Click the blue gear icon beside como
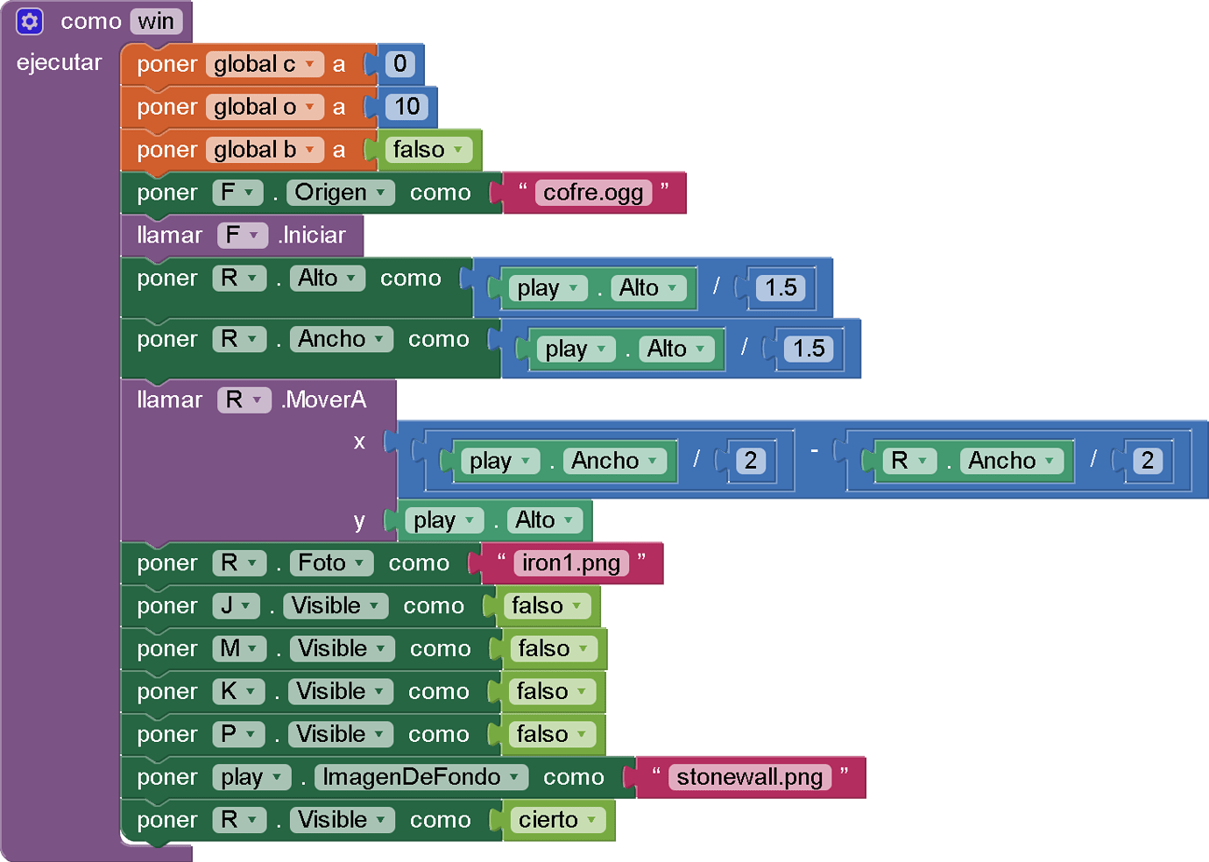coord(30,21)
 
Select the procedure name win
coord(156,21)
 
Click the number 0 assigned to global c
coord(399,64)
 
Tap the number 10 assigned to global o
coord(407,107)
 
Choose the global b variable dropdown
coord(264,150)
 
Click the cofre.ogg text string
coord(593,193)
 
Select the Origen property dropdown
coord(341,193)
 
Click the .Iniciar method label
coord(313,236)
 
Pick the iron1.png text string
coord(571,563)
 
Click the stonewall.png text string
coord(749,777)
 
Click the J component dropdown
coord(236,606)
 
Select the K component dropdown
coord(238,692)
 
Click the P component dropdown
coord(238,734)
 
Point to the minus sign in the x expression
coord(814,450)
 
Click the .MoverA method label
coord(324,400)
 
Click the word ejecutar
coord(59,63)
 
